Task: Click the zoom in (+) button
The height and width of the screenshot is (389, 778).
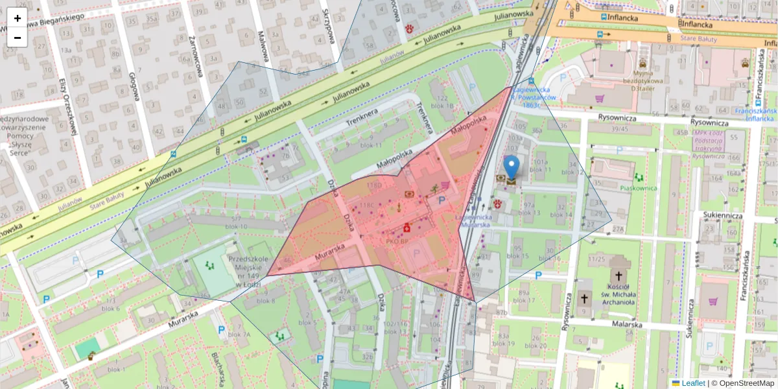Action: [18, 18]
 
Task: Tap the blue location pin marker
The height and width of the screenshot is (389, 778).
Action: [512, 167]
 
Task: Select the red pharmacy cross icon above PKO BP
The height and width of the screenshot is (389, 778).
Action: [407, 228]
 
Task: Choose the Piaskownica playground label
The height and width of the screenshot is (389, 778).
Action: [639, 189]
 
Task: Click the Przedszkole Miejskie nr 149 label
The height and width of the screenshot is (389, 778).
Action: [250, 272]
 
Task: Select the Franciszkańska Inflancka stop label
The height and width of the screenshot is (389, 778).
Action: [755, 114]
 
